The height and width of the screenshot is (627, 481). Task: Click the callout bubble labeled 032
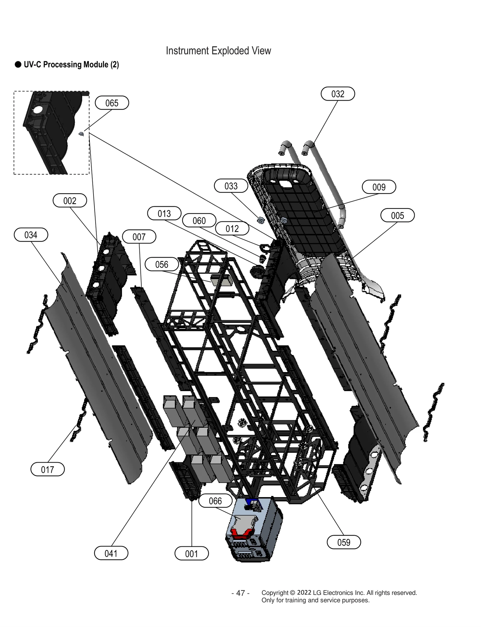(337, 94)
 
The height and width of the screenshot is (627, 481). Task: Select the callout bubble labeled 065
(112, 103)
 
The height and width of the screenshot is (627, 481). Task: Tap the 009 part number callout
(378, 187)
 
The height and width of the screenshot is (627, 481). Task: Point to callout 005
(397, 216)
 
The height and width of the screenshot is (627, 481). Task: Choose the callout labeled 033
(231, 186)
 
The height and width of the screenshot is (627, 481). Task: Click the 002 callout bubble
(69, 201)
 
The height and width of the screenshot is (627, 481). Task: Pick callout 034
(31, 235)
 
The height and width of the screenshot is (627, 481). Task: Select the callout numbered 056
(161, 265)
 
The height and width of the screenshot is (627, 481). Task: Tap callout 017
(47, 469)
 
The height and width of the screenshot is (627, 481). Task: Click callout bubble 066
(215, 501)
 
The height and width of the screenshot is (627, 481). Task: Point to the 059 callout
(343, 542)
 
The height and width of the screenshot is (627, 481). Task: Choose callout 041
(111, 553)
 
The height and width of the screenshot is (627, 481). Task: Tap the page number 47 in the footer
(240, 593)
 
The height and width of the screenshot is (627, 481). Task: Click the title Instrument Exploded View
(218, 51)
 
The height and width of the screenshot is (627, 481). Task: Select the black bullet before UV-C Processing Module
(18, 65)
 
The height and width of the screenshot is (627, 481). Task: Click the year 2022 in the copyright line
(304, 592)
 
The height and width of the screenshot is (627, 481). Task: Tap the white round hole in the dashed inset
(38, 110)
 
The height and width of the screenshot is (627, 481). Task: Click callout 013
(164, 213)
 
